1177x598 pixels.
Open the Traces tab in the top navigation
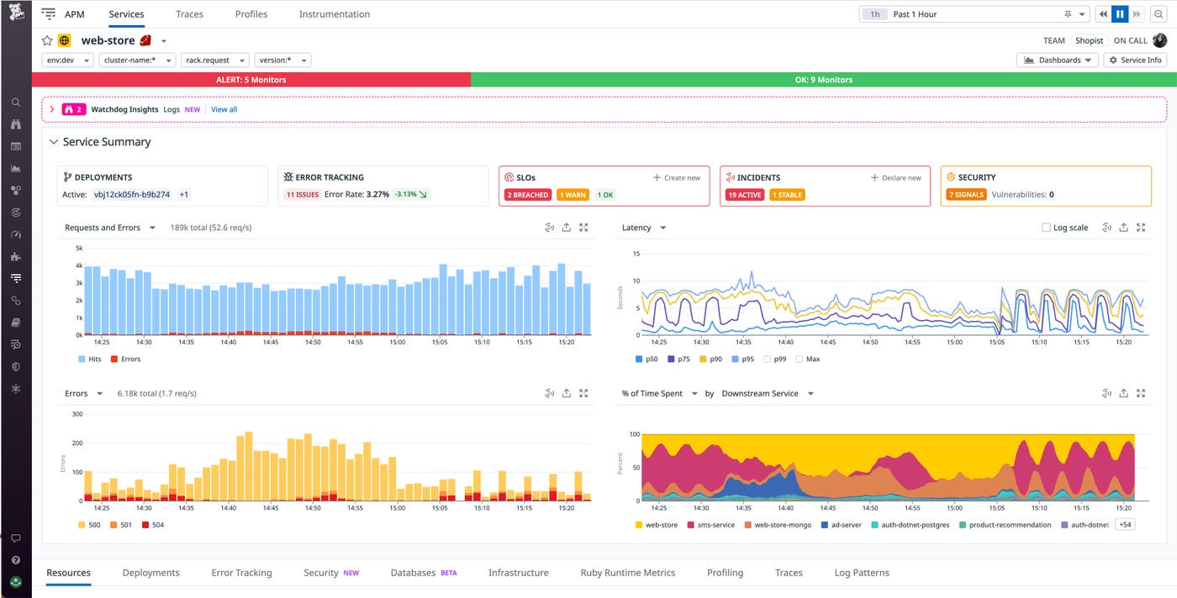tap(188, 14)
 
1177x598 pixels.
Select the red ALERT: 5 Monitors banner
tap(251, 80)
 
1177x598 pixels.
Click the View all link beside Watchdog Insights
tap(224, 109)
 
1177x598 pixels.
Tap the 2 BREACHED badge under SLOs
tap(527, 195)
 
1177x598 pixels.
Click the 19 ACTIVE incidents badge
tap(744, 195)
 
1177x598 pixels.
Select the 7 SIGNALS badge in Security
tap(966, 195)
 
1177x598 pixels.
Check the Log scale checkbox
tap(1046, 228)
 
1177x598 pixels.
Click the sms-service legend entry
tap(711, 525)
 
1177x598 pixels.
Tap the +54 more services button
tap(1124, 525)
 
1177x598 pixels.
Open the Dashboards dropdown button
tap(1058, 60)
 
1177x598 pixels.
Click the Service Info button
tap(1136, 60)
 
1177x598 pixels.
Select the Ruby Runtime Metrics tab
tap(627, 573)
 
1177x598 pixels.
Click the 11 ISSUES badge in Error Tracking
tap(301, 195)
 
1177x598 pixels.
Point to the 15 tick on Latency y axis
tap(636, 254)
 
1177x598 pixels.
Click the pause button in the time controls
tap(1120, 14)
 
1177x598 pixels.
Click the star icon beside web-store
tap(47, 40)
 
